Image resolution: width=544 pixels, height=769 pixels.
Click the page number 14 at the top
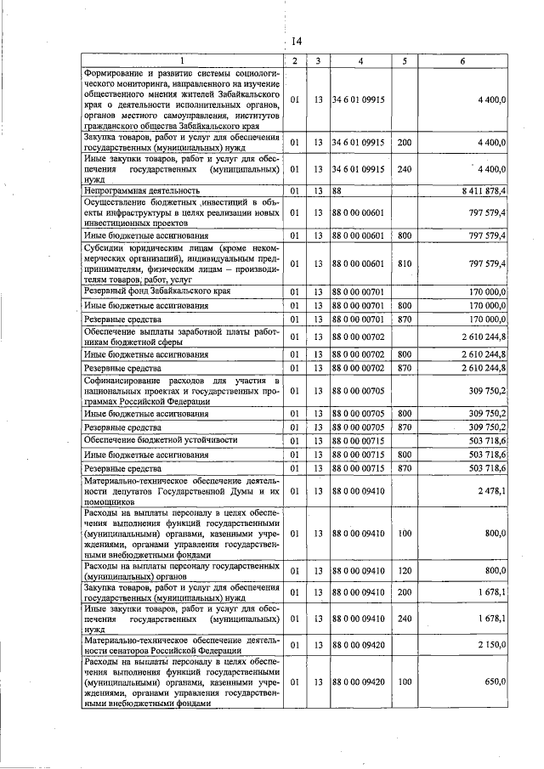(x=297, y=42)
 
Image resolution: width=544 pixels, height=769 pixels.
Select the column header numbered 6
(x=462, y=61)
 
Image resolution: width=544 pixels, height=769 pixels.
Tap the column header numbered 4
(x=360, y=61)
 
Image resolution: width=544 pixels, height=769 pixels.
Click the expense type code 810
(x=404, y=264)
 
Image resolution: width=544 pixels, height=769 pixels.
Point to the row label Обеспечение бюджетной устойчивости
(x=160, y=440)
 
